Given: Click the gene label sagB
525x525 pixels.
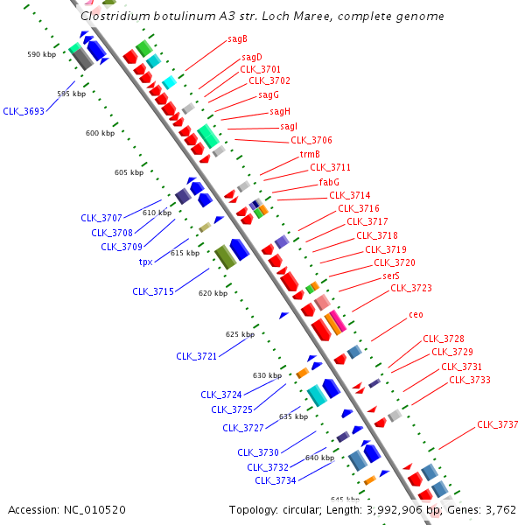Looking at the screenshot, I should pos(237,38).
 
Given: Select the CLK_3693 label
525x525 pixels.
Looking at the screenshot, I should pos(24,111).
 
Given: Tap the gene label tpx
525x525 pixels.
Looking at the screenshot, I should pos(146,262).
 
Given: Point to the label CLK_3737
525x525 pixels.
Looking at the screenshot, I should pos(497,424).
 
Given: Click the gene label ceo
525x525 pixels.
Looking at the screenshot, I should pos(416,314).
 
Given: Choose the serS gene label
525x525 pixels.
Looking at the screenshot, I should pos(390,276).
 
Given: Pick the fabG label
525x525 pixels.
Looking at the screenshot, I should pos(329,182).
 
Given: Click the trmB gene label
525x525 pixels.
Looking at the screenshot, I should pos(310,154).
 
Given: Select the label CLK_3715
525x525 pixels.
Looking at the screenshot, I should pos(153,291).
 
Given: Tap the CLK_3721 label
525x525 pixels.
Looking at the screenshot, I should pos(197,356).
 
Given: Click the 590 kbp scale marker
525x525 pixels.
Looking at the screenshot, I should pos(41,54).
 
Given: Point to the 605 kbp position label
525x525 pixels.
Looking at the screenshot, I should pos(129,172).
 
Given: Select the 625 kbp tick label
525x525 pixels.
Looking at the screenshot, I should pos(240,334).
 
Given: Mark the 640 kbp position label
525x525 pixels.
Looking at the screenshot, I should pos(319,458).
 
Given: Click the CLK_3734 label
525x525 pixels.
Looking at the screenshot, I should pos(276,480).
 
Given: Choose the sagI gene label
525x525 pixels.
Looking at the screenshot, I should pos(289,126).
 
